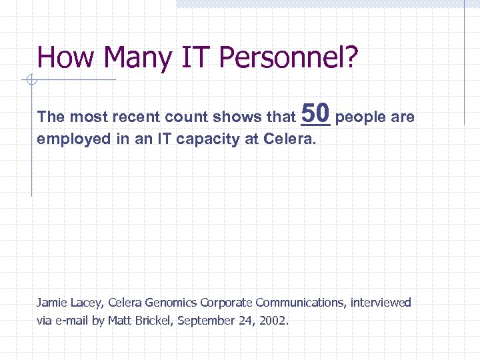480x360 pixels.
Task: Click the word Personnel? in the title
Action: click(288, 58)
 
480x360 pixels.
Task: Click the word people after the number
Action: click(361, 117)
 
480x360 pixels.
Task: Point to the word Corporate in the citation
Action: click(227, 303)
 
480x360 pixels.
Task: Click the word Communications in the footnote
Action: click(298, 303)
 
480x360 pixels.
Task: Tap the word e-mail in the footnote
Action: click(71, 321)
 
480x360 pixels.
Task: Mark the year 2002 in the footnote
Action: click(274, 321)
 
